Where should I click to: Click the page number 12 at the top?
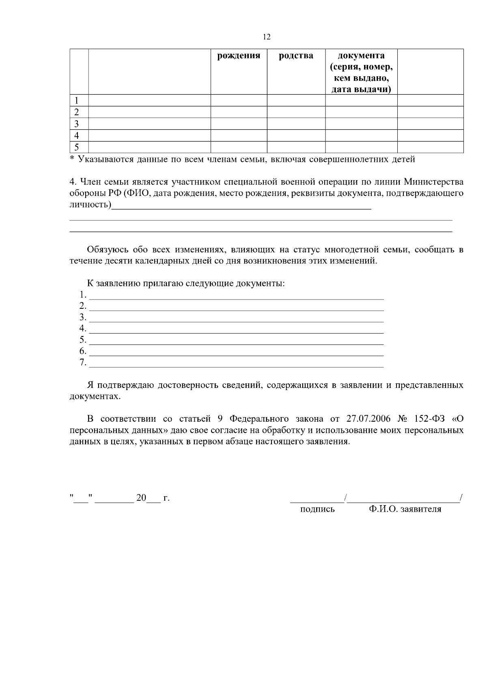pos(267,37)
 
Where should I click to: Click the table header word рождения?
pos(239,56)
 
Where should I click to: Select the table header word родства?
pos(296,56)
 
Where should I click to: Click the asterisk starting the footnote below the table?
pos(72,159)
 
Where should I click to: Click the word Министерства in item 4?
pos(434,181)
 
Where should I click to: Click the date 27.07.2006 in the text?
pos(368,419)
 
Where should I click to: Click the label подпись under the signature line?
pos(317,509)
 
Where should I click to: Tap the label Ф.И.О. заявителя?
pos(405,509)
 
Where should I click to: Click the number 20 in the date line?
pos(141,498)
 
